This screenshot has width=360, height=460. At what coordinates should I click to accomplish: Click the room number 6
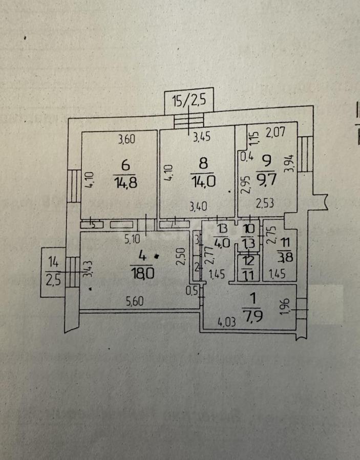pos(125,165)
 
